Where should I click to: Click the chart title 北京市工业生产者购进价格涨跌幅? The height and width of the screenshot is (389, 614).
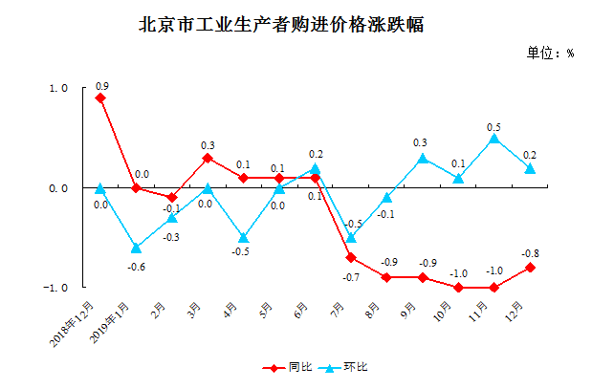281,25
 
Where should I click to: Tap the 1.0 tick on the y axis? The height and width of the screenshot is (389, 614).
59,89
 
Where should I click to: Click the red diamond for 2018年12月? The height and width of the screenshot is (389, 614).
100,98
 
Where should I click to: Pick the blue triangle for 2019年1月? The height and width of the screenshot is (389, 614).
136,248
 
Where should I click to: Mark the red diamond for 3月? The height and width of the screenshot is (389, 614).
208,158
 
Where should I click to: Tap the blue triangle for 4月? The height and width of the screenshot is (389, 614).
244,237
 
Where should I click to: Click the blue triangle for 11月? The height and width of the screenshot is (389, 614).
494,138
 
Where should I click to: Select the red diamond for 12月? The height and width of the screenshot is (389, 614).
530,268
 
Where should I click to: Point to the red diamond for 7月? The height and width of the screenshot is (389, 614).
351,257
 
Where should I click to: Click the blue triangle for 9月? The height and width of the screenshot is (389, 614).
423,158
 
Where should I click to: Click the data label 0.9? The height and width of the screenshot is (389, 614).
101,86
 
